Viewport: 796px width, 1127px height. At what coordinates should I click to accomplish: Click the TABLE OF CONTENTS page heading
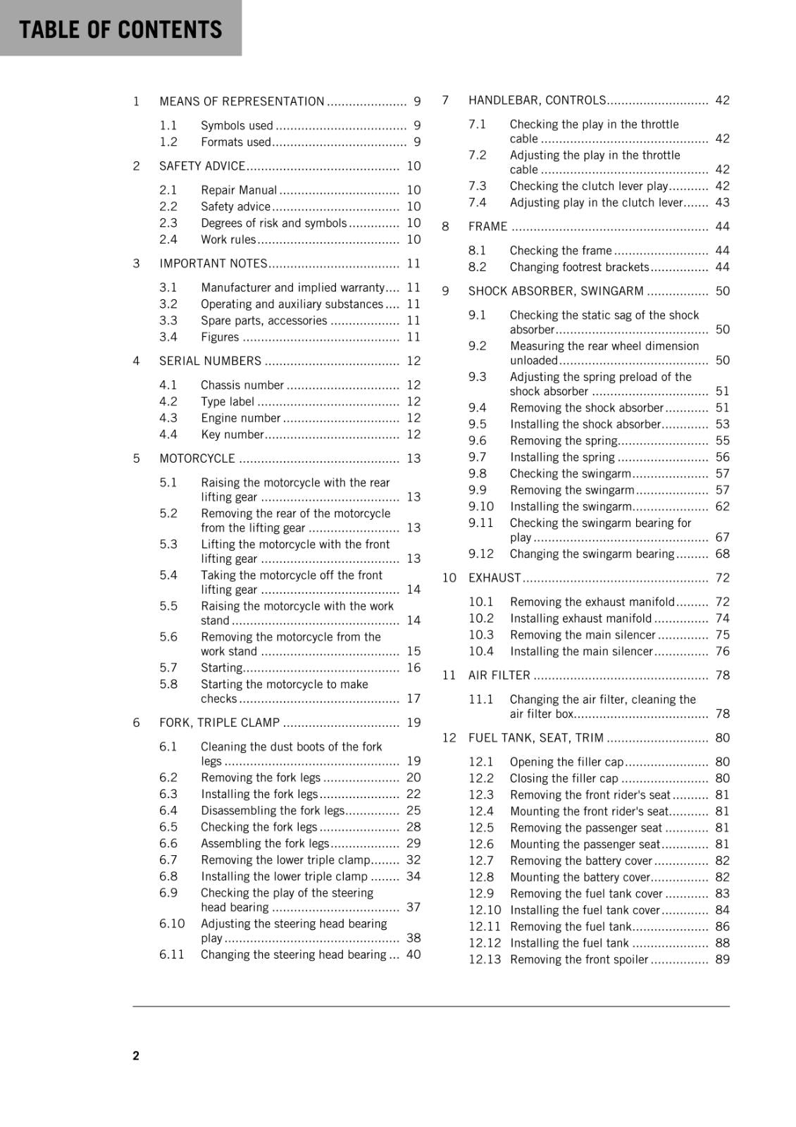pyautogui.click(x=120, y=30)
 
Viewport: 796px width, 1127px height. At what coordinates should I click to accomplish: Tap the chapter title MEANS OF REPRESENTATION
pyautogui.click(x=242, y=101)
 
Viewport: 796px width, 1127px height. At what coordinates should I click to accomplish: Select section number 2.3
pyautogui.click(x=168, y=223)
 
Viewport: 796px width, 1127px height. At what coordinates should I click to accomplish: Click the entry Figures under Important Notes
pyautogui.click(x=220, y=337)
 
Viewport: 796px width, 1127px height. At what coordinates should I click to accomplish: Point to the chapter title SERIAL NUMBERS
pyautogui.click(x=210, y=361)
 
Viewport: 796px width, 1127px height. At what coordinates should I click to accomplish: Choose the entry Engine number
pyautogui.click(x=240, y=418)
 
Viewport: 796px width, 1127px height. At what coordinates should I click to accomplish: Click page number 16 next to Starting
pyautogui.click(x=413, y=668)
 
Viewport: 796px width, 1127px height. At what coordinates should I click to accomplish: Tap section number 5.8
pyautogui.click(x=168, y=685)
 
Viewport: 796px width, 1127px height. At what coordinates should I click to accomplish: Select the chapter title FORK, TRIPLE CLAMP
pyautogui.click(x=219, y=723)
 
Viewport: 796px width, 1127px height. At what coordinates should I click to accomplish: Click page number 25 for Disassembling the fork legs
pyautogui.click(x=413, y=811)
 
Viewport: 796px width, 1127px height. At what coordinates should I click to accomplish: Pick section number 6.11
pyautogui.click(x=172, y=955)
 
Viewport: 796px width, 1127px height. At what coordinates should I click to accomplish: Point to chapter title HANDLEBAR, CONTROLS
pyautogui.click(x=537, y=101)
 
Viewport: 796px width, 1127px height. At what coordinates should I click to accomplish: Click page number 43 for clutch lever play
pyautogui.click(x=722, y=203)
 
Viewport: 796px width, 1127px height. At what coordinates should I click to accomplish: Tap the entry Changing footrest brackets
pyautogui.click(x=579, y=268)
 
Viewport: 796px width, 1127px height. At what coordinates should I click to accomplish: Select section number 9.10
pyautogui.click(x=481, y=507)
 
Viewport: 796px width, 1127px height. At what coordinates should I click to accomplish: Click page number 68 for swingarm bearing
pyautogui.click(x=722, y=554)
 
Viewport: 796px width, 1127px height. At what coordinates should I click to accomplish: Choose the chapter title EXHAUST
pyautogui.click(x=495, y=578)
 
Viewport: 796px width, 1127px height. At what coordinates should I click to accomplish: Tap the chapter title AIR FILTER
pyautogui.click(x=499, y=675)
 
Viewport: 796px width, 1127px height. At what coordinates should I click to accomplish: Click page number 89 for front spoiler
pyautogui.click(x=722, y=960)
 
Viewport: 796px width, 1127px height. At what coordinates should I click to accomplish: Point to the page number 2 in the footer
pyautogui.click(x=136, y=1056)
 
